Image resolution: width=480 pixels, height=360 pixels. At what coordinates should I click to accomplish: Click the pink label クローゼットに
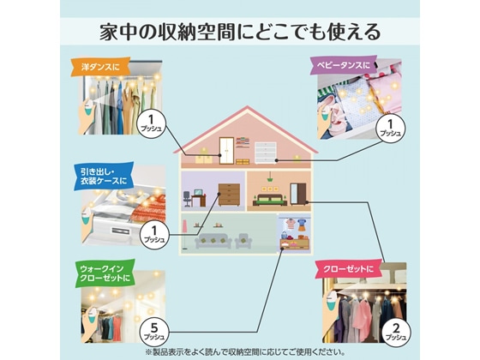tap(348, 269)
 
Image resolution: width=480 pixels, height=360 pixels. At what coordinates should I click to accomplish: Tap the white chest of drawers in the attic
tap(266, 154)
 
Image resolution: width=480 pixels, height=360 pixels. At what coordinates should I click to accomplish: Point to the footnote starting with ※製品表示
tap(240, 351)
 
